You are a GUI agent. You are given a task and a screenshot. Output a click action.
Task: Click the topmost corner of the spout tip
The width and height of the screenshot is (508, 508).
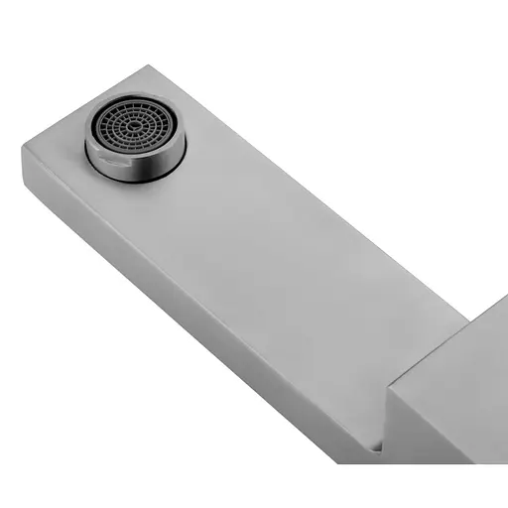tap(149, 66)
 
